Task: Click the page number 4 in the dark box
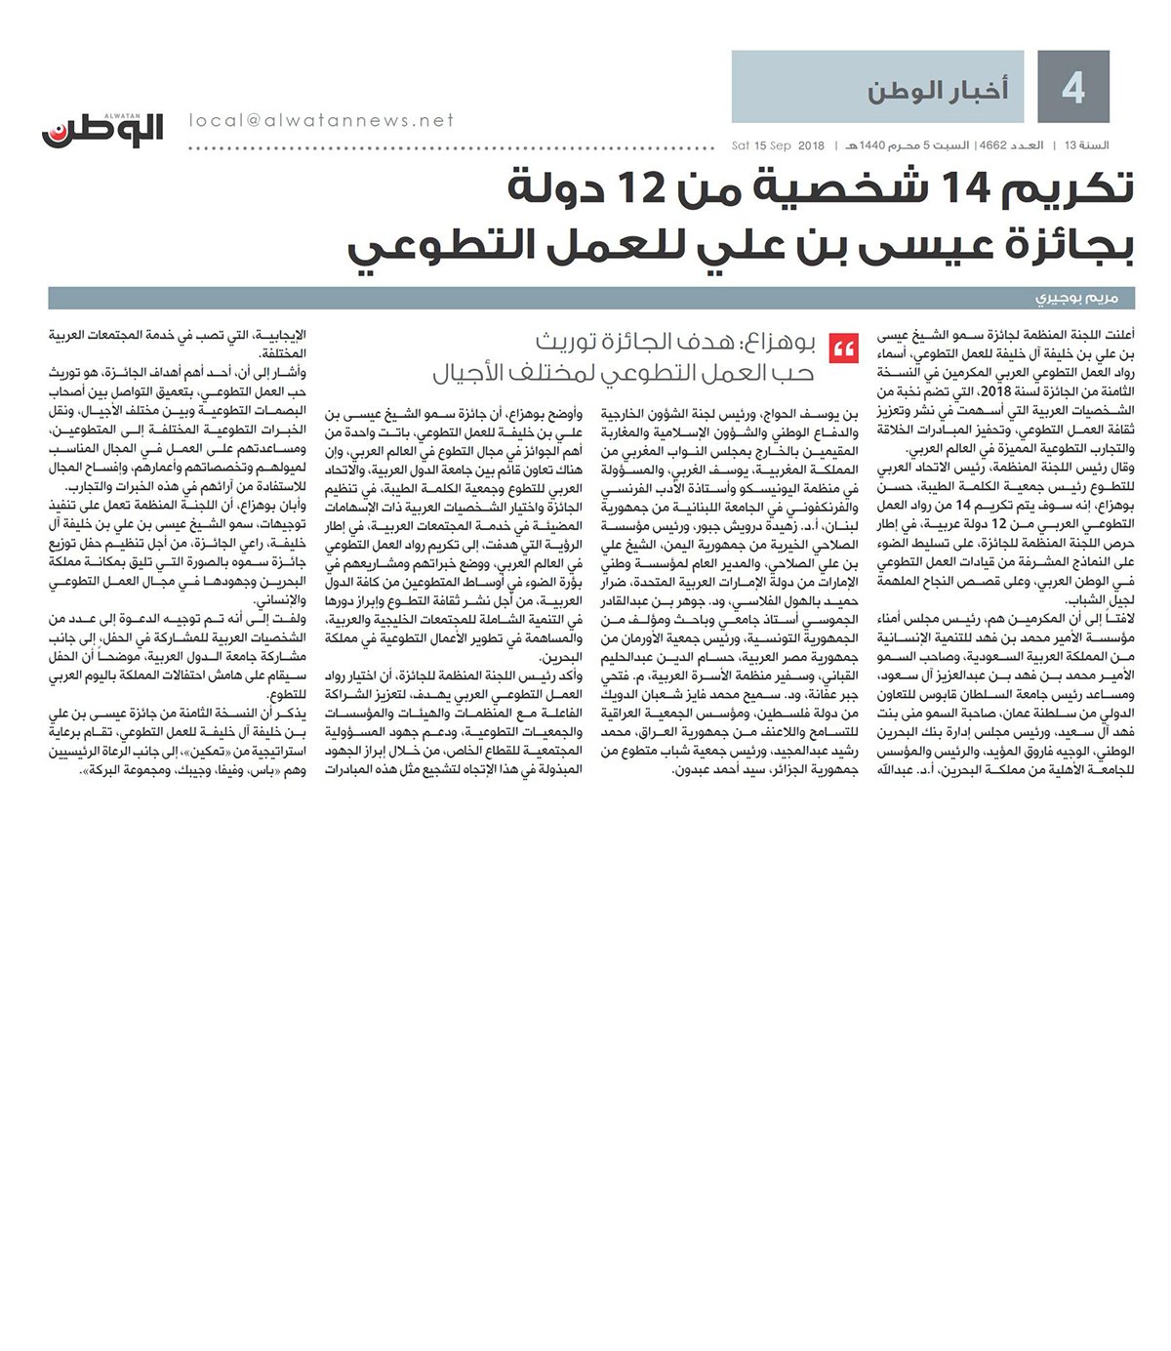1073,90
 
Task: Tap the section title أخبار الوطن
938,92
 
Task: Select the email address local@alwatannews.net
322,120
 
